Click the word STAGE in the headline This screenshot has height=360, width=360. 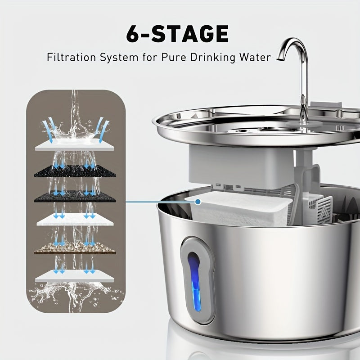pos(190,34)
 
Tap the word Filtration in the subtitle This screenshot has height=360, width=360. pos(71,57)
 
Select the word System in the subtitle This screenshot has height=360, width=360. pos(119,58)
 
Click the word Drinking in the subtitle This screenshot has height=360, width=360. pos(213,58)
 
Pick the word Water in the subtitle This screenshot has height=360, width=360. pos(256,57)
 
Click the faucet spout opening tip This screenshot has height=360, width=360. pos(279,59)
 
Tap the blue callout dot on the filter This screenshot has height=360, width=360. pos(198,202)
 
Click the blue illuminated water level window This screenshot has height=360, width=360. pos(194,281)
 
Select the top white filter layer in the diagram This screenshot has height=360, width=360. pos(74,145)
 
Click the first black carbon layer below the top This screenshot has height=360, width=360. pos(75,171)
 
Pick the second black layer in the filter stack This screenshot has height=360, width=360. pos(75,196)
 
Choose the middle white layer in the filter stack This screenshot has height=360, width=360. pos(75,220)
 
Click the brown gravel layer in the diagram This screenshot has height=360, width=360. pos(75,248)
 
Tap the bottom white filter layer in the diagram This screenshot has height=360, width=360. pos(75,276)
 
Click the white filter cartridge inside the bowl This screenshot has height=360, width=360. pos(239,209)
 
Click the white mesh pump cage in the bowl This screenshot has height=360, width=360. pos(320,209)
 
